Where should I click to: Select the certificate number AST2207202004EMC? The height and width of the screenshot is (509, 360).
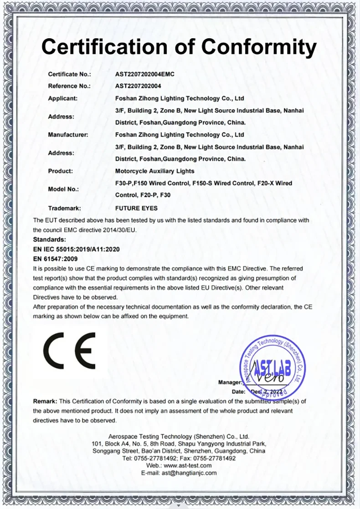click(145, 74)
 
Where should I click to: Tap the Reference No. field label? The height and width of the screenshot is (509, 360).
click(69, 86)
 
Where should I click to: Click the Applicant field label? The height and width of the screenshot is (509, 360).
click(63, 98)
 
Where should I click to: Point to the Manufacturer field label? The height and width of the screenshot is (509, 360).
click(67, 135)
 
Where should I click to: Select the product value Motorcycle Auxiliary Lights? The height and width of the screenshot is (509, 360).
click(155, 171)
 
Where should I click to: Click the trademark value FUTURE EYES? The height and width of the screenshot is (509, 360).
click(136, 208)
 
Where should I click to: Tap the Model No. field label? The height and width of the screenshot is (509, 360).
click(63, 189)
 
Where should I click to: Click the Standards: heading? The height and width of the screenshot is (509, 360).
click(50, 239)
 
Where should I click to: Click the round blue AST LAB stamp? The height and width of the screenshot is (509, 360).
click(272, 364)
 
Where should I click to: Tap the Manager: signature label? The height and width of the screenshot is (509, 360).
click(230, 382)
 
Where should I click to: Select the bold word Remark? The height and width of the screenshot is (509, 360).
click(45, 401)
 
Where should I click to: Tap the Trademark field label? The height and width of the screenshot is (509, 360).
click(64, 208)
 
